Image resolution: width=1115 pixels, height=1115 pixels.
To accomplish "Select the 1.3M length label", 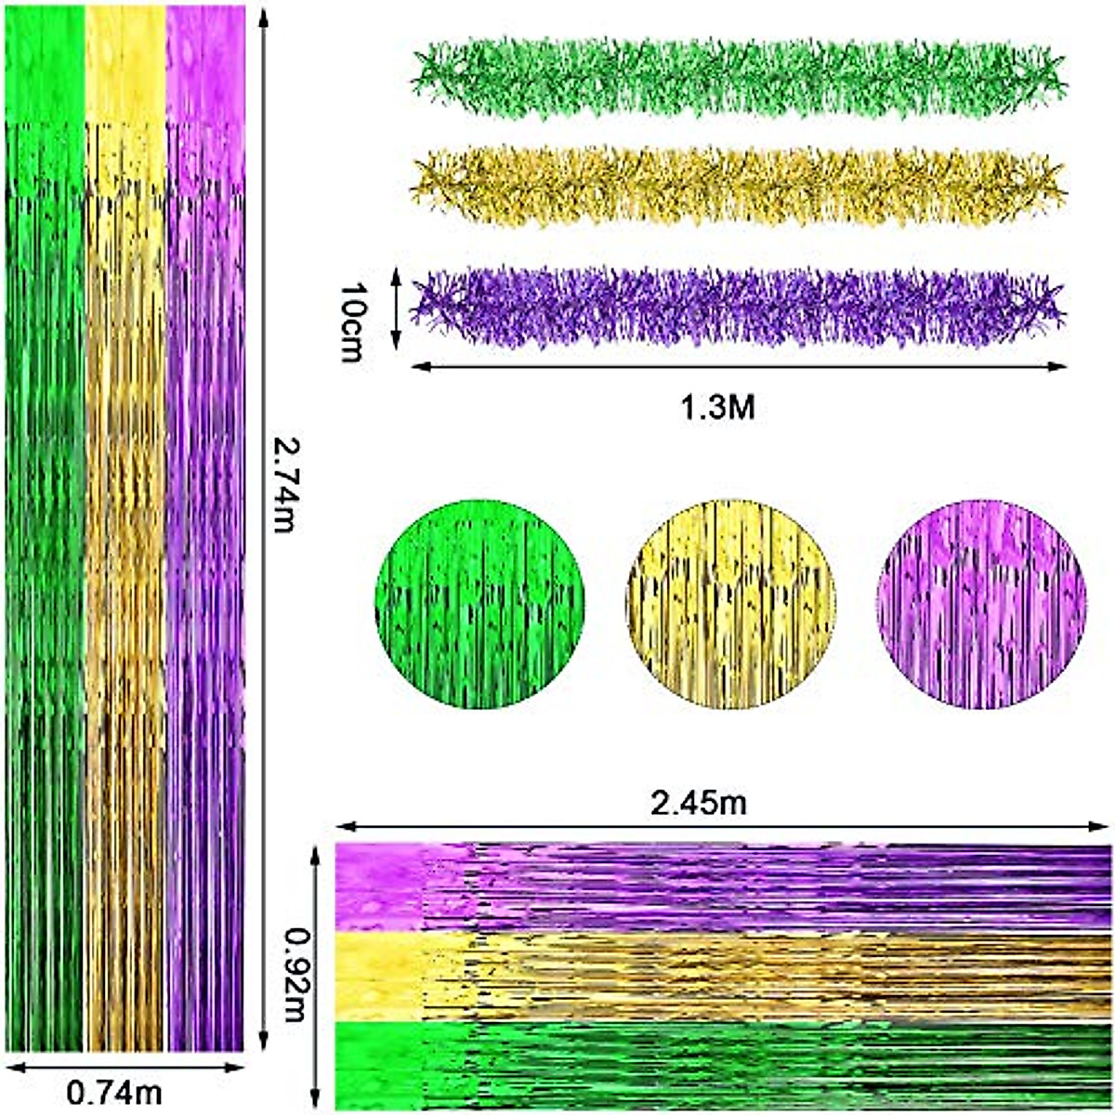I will [x=718, y=408].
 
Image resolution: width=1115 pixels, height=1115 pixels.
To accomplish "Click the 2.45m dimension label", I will [x=698, y=803].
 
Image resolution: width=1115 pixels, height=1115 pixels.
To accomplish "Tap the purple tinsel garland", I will [x=739, y=307].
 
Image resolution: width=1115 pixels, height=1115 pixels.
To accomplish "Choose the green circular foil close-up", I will [x=479, y=603].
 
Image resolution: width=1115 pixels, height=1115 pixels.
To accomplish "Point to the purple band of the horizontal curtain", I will [x=725, y=887].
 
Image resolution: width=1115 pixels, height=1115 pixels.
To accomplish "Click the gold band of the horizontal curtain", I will [x=725, y=976].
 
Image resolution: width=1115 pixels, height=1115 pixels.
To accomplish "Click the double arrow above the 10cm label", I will [x=396, y=310].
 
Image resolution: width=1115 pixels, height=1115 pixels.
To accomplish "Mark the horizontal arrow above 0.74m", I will [x=125, y=1068].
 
